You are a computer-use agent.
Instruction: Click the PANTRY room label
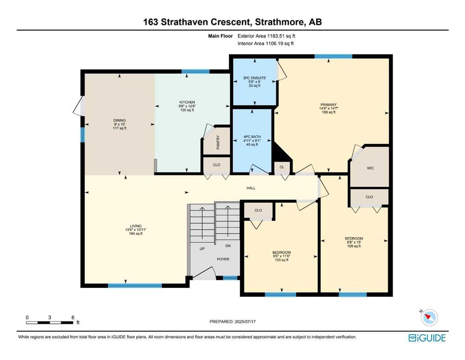[218, 142]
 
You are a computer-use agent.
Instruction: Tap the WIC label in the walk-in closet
[370, 168]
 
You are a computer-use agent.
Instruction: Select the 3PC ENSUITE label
[254, 78]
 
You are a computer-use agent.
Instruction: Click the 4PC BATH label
[252, 137]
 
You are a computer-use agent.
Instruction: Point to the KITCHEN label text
[187, 102]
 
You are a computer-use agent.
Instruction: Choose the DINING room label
[119, 120]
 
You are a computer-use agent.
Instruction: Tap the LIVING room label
[136, 226]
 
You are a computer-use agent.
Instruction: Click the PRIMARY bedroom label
[329, 105]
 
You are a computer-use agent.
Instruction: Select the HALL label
[251, 188]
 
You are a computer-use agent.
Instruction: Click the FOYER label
[223, 259]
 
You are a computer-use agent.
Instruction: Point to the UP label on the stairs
[202, 249]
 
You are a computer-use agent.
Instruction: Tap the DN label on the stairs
[228, 246]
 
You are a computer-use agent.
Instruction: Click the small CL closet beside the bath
[282, 167]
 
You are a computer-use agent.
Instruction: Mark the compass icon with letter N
[429, 317]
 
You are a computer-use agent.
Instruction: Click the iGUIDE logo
[427, 338]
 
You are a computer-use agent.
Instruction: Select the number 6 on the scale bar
[73, 317]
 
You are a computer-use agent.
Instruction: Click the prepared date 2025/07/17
[245, 322]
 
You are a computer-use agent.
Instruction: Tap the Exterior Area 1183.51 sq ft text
[266, 36]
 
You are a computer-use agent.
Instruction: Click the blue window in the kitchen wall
[196, 71]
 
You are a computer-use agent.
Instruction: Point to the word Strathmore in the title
[280, 22]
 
